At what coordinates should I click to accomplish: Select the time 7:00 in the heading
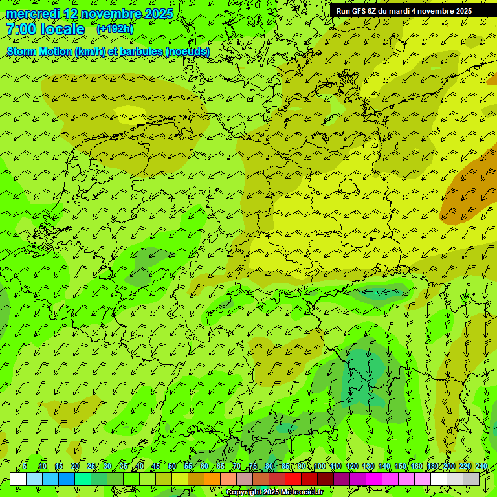[20, 29]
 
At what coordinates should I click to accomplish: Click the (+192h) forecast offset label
[115, 29]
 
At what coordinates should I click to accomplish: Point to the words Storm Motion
[39, 51]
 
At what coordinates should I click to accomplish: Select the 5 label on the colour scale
[25, 466]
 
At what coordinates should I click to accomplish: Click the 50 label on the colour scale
[171, 466]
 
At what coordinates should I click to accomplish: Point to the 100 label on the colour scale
[319, 466]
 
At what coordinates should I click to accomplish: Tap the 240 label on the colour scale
[481, 466]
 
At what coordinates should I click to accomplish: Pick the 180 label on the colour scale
[432, 466]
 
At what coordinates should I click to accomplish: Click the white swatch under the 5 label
[18, 480]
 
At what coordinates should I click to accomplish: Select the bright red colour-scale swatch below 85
[293, 480]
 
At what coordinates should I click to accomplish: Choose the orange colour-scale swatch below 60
[212, 480]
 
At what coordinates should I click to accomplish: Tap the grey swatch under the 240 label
[471, 480]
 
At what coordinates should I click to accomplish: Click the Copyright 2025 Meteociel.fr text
[274, 492]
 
